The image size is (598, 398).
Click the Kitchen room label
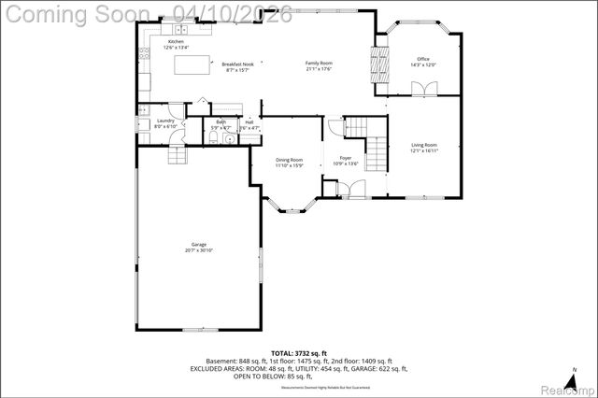tap(176, 43)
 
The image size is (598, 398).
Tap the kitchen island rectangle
tap(198, 65)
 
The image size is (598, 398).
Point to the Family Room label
tap(319, 64)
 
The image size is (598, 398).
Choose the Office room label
tap(423, 59)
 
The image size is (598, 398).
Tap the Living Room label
tap(424, 145)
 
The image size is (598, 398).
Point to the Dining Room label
tap(289, 160)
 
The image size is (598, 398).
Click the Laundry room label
tap(165, 121)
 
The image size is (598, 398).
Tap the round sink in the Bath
tap(230, 139)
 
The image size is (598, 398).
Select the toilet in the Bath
tap(213, 138)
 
